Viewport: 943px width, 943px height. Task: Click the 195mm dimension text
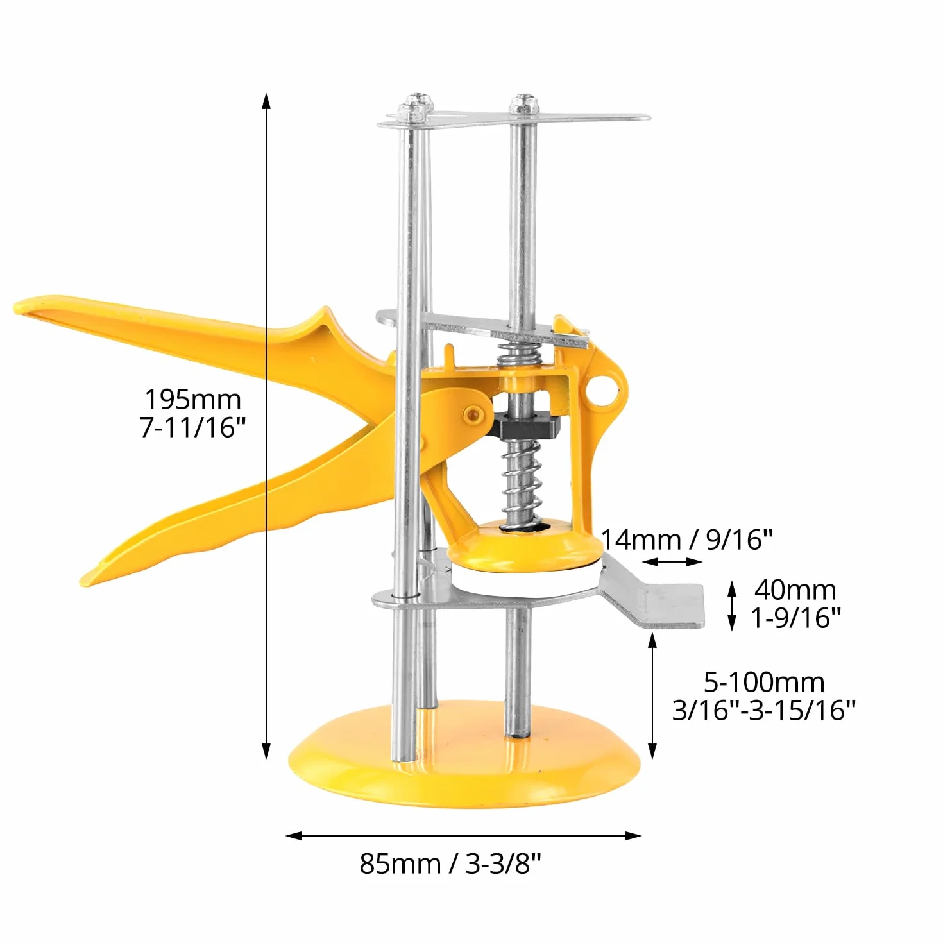tap(192, 399)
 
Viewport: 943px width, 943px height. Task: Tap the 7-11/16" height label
tap(192, 427)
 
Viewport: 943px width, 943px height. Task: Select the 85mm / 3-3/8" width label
tap(451, 863)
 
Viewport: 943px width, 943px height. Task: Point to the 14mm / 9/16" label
tap(686, 539)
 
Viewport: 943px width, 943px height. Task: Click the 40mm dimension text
tap(795, 590)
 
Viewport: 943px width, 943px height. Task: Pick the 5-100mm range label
tap(764, 682)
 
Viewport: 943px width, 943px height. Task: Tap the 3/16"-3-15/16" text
tap(764, 710)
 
